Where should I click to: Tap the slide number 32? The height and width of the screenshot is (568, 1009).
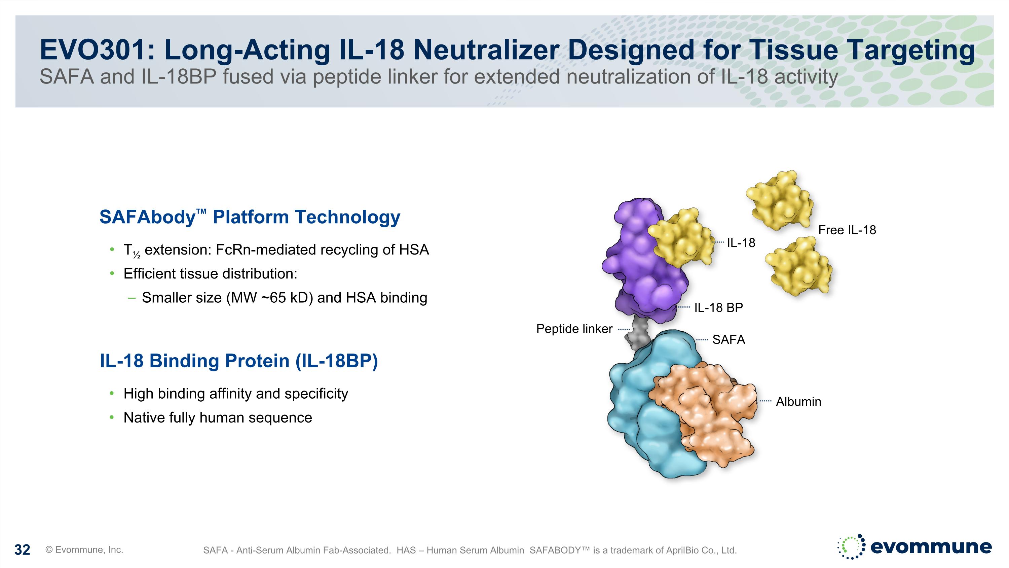tap(22, 549)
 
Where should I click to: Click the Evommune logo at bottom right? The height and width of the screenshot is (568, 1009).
tap(914, 546)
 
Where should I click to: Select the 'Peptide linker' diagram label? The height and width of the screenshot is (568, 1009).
tap(574, 329)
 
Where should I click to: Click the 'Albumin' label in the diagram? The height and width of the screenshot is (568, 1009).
tap(798, 401)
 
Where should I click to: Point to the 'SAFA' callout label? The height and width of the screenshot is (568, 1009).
tap(728, 339)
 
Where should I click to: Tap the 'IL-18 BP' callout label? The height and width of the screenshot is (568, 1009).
tap(718, 308)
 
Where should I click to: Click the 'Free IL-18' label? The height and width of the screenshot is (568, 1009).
tap(847, 230)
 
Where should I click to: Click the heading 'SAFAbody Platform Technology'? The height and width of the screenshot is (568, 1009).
tap(250, 217)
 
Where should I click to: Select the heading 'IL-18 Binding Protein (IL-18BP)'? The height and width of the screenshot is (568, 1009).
tap(238, 361)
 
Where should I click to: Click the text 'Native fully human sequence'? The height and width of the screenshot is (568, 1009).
tap(218, 417)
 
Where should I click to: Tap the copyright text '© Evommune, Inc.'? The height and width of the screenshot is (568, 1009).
tap(84, 549)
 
